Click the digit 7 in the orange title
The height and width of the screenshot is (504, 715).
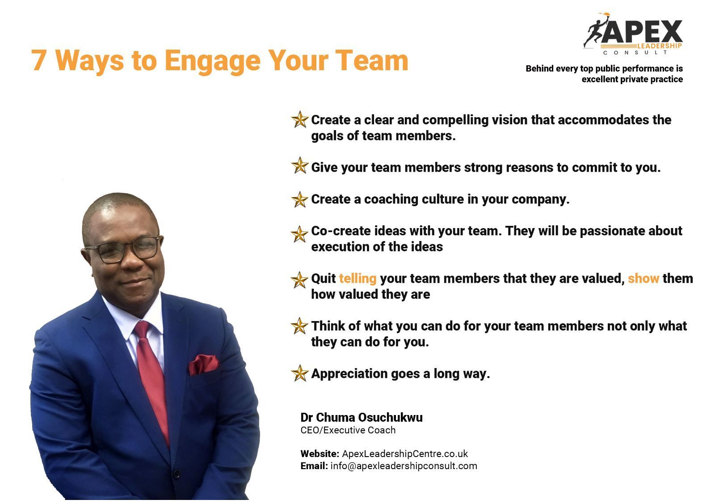click(x=38, y=60)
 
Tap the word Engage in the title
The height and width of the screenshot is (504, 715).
click(x=213, y=61)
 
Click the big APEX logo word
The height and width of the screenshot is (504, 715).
click(x=642, y=31)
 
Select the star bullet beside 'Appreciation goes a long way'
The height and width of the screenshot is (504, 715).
click(x=300, y=373)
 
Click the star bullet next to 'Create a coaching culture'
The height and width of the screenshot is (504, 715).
click(x=300, y=199)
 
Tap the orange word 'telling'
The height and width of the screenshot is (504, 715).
click(x=357, y=279)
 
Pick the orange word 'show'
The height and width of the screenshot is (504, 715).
click(x=643, y=279)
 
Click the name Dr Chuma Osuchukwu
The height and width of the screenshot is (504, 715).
click(x=362, y=417)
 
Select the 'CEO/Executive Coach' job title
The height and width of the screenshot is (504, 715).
click(x=348, y=430)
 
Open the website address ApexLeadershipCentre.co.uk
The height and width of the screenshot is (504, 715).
click(x=405, y=453)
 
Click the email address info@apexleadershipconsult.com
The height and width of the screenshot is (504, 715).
click(x=404, y=466)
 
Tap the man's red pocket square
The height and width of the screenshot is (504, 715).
click(x=204, y=364)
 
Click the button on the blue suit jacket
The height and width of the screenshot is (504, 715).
click(x=176, y=474)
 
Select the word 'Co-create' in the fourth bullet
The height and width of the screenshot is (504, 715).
click(x=341, y=231)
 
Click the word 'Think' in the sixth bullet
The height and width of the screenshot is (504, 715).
click(x=328, y=326)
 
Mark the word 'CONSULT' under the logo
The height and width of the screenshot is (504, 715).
click(x=635, y=52)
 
